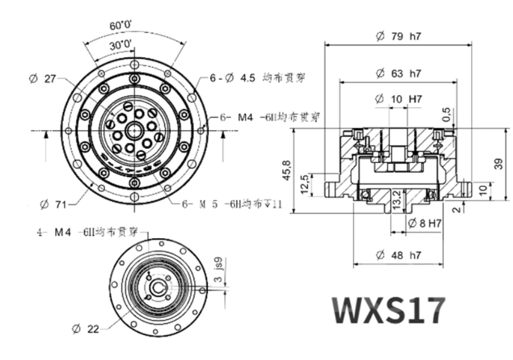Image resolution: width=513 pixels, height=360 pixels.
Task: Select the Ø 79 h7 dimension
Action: pos(398,36)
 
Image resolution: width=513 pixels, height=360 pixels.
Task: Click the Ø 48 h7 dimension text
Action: pos(398,255)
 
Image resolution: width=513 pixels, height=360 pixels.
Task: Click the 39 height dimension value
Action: pos(499,163)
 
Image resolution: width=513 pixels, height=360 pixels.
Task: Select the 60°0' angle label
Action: pos(121,26)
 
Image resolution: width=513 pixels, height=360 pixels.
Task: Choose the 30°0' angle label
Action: pos(121,45)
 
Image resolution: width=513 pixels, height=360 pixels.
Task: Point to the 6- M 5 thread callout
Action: pos(232,204)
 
